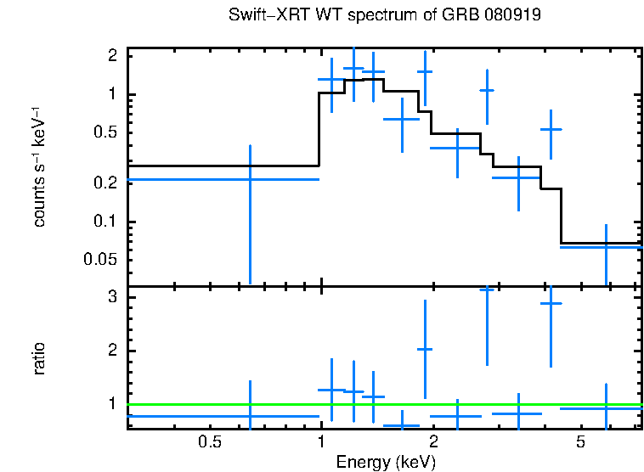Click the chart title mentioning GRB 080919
click(386, 16)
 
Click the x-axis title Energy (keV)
click(385, 462)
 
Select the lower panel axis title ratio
click(39, 358)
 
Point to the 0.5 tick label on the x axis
click(209, 442)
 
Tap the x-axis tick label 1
click(320, 442)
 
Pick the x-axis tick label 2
click(432, 442)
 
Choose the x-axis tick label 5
click(580, 442)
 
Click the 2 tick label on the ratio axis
click(112, 351)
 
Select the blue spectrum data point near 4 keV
click(551, 129)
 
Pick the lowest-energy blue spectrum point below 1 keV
click(250, 179)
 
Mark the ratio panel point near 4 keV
click(551, 303)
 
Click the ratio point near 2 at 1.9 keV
click(425, 349)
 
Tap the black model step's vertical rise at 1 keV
click(319, 127)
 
